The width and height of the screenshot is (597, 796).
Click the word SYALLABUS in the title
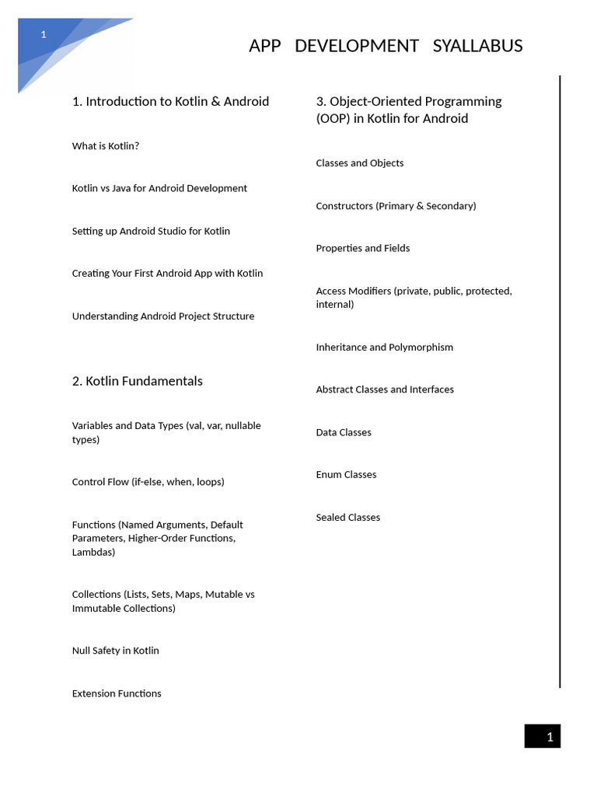coord(477,46)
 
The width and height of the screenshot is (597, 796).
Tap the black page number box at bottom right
coord(542,736)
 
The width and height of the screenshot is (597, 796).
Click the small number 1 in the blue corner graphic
coord(44,34)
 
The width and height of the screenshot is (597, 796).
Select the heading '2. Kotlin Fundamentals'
coord(137,381)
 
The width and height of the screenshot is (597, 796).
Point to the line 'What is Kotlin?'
coord(106,146)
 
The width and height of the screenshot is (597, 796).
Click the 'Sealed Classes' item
coord(347,518)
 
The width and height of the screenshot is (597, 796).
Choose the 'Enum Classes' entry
coord(346,475)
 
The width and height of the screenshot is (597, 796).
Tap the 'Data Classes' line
coord(344,432)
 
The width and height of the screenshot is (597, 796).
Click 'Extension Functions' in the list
coord(117,693)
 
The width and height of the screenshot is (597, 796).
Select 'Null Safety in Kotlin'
coord(115,651)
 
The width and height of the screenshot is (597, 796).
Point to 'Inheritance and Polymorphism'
coord(384,347)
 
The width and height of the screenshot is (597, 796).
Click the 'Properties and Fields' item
coord(362,249)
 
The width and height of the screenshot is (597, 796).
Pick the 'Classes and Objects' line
coord(359,163)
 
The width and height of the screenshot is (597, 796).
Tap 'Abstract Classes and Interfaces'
coord(385,389)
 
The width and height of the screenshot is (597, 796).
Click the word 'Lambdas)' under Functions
coord(93,553)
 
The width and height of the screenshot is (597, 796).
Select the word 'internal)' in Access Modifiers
coord(334,305)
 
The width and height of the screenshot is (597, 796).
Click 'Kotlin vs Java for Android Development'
coord(159,188)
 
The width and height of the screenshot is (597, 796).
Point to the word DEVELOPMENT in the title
coord(357,46)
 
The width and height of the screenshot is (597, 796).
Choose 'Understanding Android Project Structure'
coord(163,316)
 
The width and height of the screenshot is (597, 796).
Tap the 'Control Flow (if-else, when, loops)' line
coord(148,482)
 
